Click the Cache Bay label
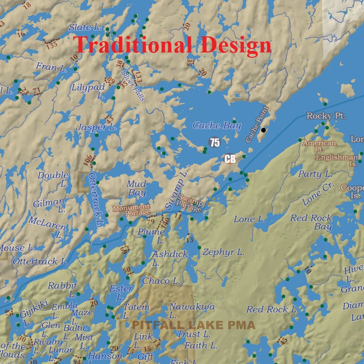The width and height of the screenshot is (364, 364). (216, 126)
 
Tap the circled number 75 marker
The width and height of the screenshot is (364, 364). (215, 143)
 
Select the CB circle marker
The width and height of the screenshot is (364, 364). (230, 159)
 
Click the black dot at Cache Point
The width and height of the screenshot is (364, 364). (263, 130)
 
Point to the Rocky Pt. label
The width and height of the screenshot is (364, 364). (326, 116)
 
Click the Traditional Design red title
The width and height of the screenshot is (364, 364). (172, 45)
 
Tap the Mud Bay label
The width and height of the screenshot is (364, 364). (137, 188)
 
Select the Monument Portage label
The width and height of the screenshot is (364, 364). (132, 210)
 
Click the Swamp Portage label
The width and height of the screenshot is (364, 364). (190, 204)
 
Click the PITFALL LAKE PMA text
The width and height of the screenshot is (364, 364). (193, 325)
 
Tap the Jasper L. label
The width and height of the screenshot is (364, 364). (96, 127)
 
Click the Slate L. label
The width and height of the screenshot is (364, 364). (85, 28)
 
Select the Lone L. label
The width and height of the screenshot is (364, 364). (249, 220)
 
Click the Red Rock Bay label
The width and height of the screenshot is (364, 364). (311, 222)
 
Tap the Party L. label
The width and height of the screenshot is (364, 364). (315, 174)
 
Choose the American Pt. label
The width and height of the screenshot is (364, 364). (319, 146)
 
